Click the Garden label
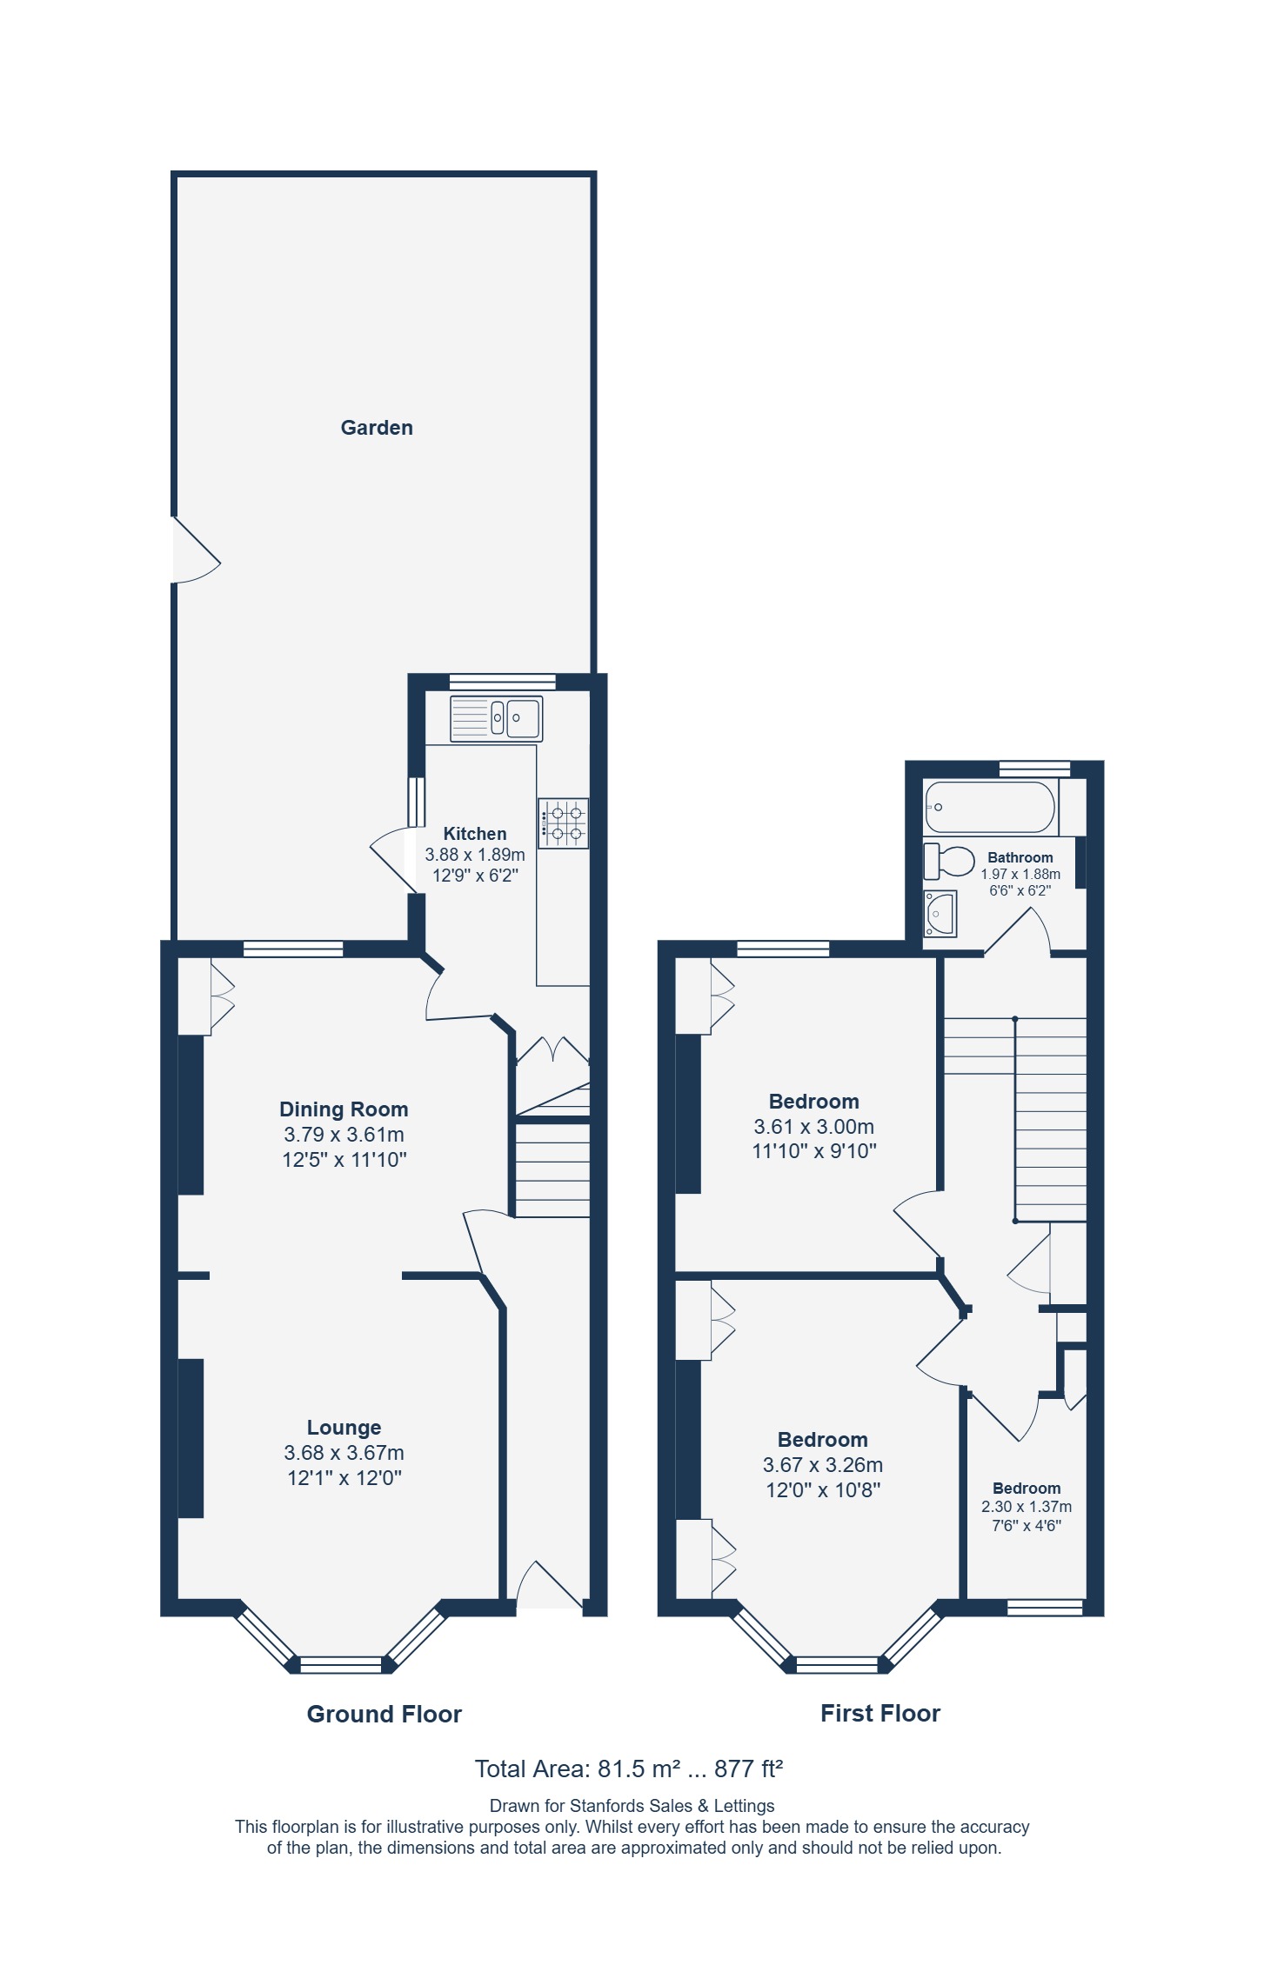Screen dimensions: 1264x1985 pyautogui.click(x=377, y=428)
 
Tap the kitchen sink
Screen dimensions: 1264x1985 pyautogui.click(x=496, y=718)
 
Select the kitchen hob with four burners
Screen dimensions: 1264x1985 pyautogui.click(x=563, y=823)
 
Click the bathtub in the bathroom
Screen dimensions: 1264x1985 pyautogui.click(x=990, y=807)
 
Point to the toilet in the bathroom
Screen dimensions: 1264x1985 pyautogui.click(x=948, y=861)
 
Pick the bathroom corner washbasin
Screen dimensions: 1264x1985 pyautogui.click(x=940, y=913)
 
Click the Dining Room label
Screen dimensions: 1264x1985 pyautogui.click(x=344, y=1109)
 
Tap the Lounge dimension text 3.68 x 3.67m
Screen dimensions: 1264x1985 pyautogui.click(x=344, y=1453)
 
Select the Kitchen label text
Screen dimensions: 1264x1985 pyautogui.click(x=475, y=834)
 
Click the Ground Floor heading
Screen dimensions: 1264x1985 pyautogui.click(x=385, y=1714)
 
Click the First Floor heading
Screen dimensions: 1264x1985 pyautogui.click(x=880, y=1713)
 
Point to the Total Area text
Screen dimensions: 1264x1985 pyautogui.click(x=629, y=1769)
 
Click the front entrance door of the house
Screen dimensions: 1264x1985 pyautogui.click(x=550, y=1585)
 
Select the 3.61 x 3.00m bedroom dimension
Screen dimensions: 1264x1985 pyautogui.click(x=814, y=1127)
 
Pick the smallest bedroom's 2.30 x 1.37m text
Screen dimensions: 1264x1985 pyautogui.click(x=1027, y=1507)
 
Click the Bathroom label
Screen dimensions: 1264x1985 pyautogui.click(x=1020, y=857)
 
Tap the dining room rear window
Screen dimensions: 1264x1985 pyautogui.click(x=293, y=949)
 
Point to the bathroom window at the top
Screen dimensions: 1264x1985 pyautogui.click(x=1034, y=769)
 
